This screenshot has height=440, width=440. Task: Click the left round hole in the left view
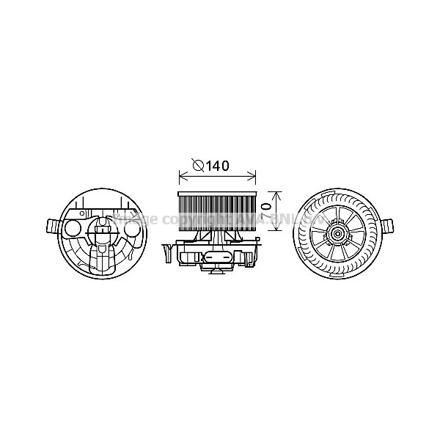[x=73, y=228]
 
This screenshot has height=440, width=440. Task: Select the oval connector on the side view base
[x=218, y=257]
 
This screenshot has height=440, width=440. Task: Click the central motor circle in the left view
[x=103, y=233]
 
